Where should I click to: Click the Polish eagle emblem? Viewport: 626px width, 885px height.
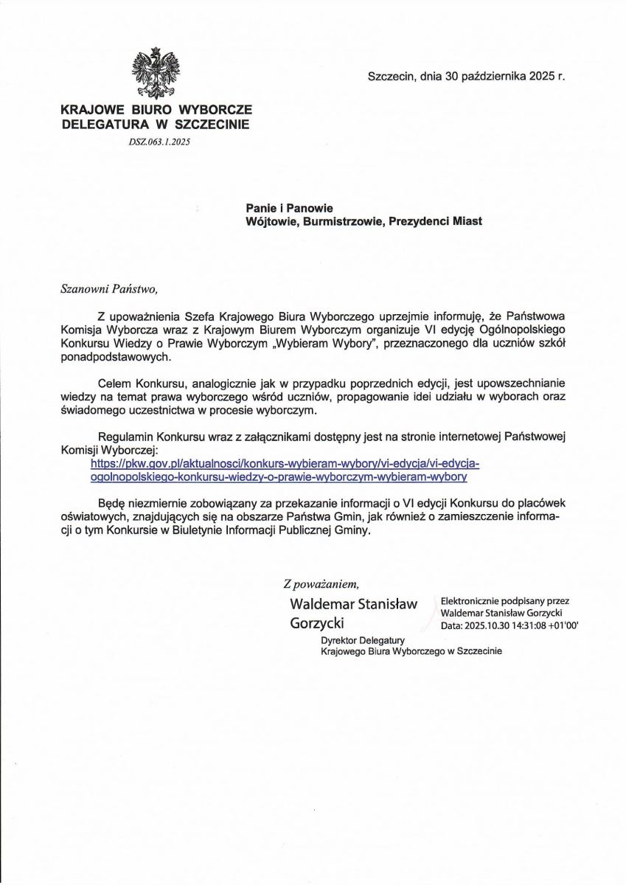click(x=156, y=73)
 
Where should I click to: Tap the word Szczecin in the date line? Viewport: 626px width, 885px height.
click(x=391, y=76)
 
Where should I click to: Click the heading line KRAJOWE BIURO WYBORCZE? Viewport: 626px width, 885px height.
click(x=156, y=110)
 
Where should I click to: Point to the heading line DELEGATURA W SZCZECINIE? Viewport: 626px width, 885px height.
click(x=156, y=125)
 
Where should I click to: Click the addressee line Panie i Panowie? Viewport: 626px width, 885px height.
click(x=289, y=209)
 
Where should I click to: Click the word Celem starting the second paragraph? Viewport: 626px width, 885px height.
click(x=116, y=384)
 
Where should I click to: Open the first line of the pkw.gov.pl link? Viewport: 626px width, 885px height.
click(x=285, y=464)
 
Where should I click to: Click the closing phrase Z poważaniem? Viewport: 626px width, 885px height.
click(x=321, y=584)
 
